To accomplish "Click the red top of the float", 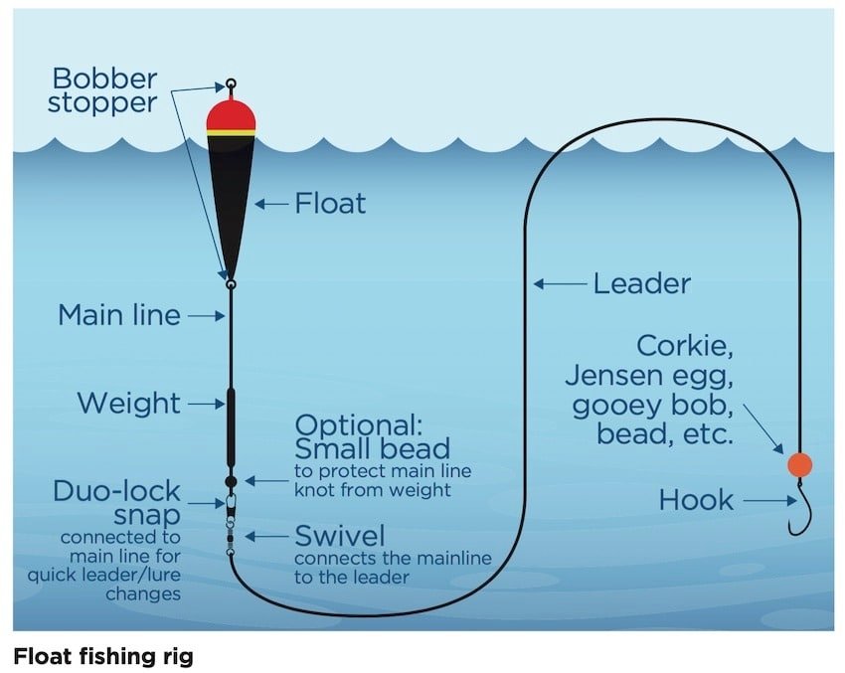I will [231, 113].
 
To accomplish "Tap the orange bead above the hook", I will [799, 464].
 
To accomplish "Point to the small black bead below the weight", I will [231, 481].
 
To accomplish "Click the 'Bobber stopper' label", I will [104, 89].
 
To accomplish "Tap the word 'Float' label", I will [330, 204].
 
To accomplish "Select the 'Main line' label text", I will [119, 315].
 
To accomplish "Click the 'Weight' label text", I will [129, 404].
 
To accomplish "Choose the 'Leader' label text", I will [641, 284].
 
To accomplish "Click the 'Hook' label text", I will [696, 501].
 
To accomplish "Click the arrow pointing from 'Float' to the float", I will [271, 204].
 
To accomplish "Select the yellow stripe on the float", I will [231, 131].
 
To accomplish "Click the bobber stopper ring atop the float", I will [231, 84].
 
